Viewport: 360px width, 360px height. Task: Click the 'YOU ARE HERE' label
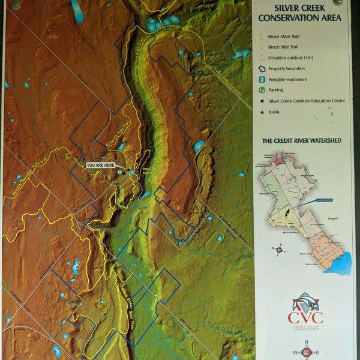101,164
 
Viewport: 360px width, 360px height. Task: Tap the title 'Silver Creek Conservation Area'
299,13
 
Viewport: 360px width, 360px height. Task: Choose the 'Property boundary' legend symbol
262,68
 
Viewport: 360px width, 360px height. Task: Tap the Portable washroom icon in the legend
262,79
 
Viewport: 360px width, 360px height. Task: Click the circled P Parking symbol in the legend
262,90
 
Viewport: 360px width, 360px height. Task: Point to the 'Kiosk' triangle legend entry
262,112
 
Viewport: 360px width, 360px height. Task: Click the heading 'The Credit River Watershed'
301,141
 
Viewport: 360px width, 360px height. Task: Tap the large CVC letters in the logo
305,317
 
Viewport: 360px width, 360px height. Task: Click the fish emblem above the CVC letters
305,301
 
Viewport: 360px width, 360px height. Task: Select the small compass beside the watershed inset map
278,248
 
